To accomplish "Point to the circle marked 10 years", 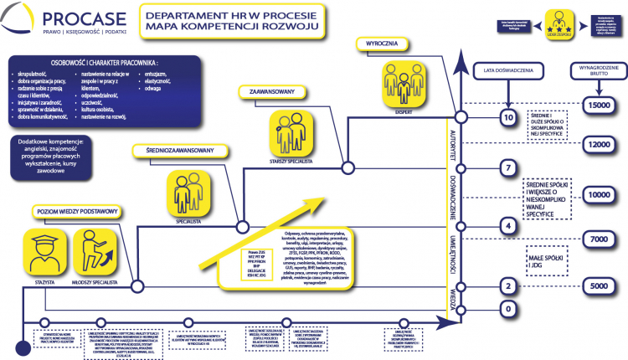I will coord(505,118).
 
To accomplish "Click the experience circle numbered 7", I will coord(505,169).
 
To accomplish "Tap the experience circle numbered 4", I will coord(505,226).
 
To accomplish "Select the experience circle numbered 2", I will coord(505,286).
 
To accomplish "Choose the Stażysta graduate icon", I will coord(44,255).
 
